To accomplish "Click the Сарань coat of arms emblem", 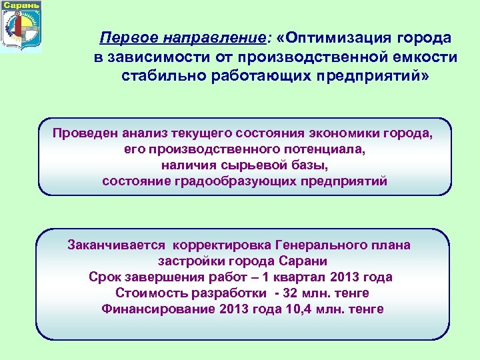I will [21, 31].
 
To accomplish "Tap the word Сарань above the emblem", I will [21, 5].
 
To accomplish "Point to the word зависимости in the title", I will [156, 57].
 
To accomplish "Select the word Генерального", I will [314, 245].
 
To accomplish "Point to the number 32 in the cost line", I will [291, 293].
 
